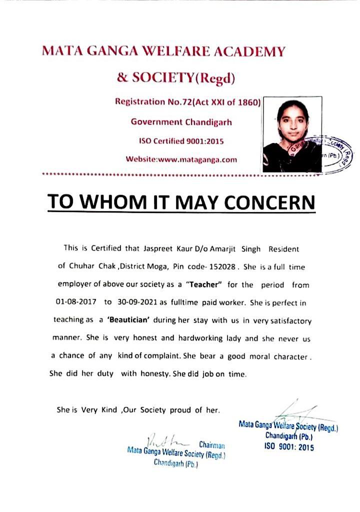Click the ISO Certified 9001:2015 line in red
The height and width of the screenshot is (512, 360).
(x=181, y=141)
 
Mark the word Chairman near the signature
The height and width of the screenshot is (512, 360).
(x=211, y=444)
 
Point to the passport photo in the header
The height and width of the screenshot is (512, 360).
(x=291, y=133)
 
